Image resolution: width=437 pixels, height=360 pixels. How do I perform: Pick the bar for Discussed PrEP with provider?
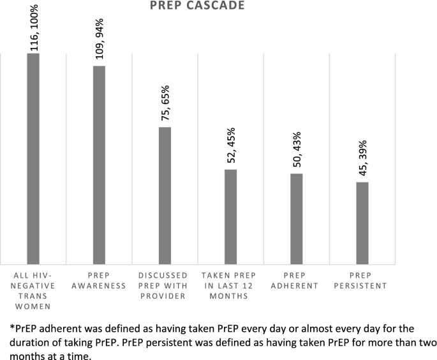point(165,194)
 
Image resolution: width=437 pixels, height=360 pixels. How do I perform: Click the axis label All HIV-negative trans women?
point(33,285)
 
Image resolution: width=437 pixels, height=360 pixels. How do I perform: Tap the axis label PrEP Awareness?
point(99,280)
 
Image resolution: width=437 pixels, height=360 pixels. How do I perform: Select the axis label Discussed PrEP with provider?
point(165,285)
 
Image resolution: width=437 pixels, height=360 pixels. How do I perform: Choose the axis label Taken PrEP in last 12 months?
point(230,285)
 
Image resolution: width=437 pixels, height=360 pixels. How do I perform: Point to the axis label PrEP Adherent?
point(296,280)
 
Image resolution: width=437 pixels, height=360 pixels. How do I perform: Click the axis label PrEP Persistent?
point(362,280)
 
